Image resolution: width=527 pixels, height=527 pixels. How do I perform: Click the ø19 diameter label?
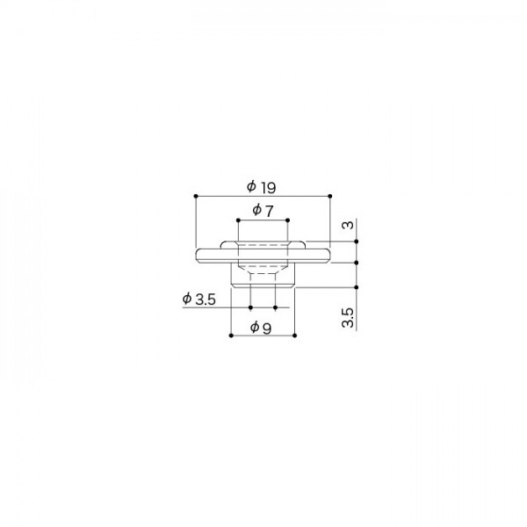pyautogui.click(x=262, y=186)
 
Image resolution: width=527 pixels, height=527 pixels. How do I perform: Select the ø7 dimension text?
pyautogui.click(x=263, y=211)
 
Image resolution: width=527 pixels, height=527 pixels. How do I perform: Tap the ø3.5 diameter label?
pyautogui.click(x=199, y=300)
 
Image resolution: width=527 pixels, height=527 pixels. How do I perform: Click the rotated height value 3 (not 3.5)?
pyautogui.click(x=348, y=226)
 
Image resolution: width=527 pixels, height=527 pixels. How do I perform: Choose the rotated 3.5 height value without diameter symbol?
pyautogui.click(x=348, y=317)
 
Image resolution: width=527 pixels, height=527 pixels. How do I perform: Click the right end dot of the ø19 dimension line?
pyautogui.click(x=330, y=195)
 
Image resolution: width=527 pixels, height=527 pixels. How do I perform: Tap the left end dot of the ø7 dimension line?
pyautogui.click(x=237, y=219)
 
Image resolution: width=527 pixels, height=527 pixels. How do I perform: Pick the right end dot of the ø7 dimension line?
pyautogui.click(x=287, y=219)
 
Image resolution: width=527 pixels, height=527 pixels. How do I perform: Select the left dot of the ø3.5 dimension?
pyautogui.click(x=250, y=307)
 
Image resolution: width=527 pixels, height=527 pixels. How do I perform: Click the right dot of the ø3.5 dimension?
pyautogui.click(x=276, y=307)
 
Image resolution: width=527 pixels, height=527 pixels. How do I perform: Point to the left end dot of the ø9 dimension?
pyautogui.click(x=230, y=336)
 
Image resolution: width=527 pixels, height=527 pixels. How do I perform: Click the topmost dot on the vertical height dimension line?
pyautogui.click(x=358, y=241)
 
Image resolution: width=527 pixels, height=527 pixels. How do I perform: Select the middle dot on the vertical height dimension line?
pyautogui.click(x=358, y=262)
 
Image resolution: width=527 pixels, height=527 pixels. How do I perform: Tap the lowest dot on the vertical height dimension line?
pyautogui.click(x=358, y=286)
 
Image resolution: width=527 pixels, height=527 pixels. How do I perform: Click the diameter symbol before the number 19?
pyautogui.click(x=251, y=186)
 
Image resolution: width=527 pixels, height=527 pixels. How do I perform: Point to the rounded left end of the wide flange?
pyautogui.click(x=196, y=255)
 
